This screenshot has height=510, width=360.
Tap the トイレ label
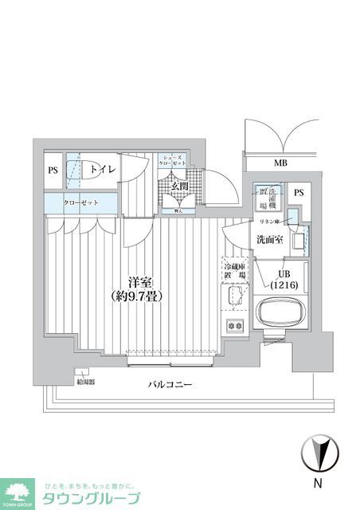(101, 170)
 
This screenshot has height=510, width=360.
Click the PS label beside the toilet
(53, 170)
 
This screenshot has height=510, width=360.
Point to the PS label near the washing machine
(298, 193)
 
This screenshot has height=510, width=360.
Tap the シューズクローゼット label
(172, 162)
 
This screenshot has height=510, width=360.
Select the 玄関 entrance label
(179, 186)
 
